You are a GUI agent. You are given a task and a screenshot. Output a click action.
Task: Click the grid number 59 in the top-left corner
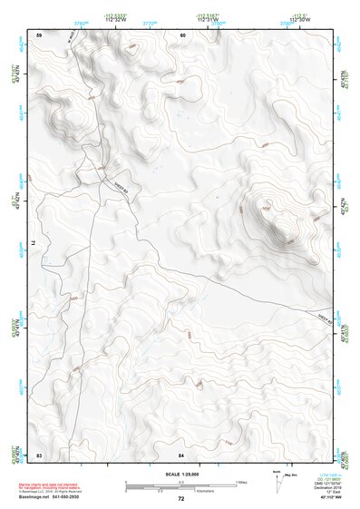click(x=40, y=35)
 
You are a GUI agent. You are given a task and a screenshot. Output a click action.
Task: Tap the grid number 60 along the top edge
click(x=182, y=35)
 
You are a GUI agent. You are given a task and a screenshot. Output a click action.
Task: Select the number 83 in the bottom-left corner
click(x=40, y=453)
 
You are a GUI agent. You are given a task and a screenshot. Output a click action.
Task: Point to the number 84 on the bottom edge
click(x=182, y=453)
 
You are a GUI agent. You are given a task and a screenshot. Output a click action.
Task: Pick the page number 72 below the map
click(x=181, y=499)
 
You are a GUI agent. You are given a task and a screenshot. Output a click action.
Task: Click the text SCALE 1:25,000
click(x=181, y=473)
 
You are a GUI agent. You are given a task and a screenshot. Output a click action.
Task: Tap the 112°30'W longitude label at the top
click(x=300, y=19)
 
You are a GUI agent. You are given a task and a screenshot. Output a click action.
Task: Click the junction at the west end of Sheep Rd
click(x=100, y=170)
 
